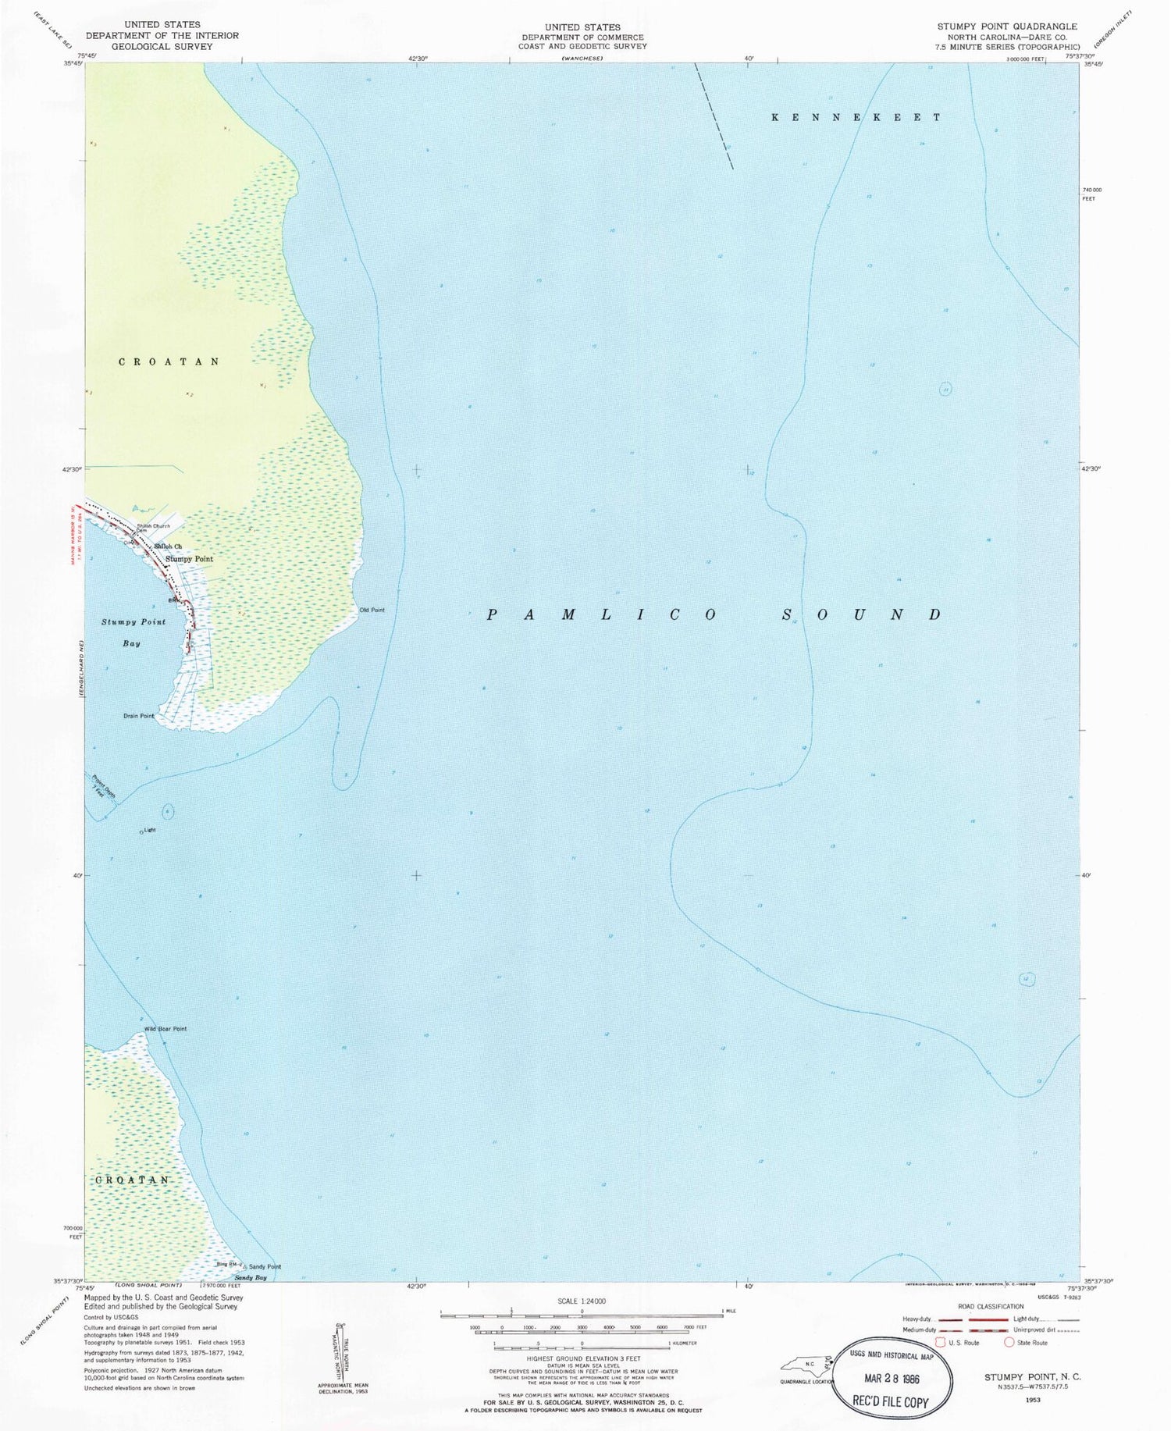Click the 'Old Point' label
point(372,610)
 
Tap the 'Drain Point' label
point(139,716)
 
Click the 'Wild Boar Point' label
point(165,1029)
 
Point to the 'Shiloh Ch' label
point(168,546)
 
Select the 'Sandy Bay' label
point(251,1278)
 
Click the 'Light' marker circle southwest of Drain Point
point(141,832)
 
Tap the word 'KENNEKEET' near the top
point(856,117)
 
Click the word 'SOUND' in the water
point(863,615)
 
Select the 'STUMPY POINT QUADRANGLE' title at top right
point(1007,26)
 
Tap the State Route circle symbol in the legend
point(1009,1343)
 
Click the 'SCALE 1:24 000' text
point(582,1301)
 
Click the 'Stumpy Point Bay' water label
point(133,632)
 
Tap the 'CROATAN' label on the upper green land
point(169,362)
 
